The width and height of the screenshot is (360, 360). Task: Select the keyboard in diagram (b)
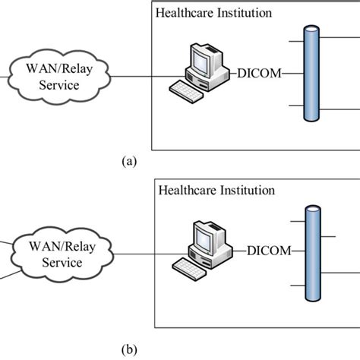(x=186, y=265)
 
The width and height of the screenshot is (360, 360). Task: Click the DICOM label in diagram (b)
(x=269, y=250)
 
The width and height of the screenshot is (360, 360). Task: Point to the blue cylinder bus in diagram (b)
(x=311, y=254)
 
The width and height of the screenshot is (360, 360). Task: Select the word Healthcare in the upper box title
(x=185, y=13)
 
